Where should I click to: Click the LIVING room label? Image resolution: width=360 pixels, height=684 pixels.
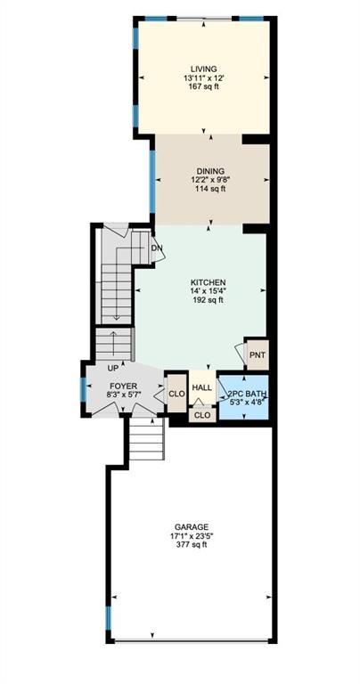coord(203,69)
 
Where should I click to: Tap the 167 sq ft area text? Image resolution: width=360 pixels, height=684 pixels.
coord(203,86)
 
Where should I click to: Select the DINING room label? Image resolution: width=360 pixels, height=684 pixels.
coord(210,171)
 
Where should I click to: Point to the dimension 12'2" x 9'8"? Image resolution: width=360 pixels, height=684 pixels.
coord(210,180)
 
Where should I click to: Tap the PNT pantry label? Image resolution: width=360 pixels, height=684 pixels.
coord(257,354)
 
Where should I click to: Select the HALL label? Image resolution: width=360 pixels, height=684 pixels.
coord(202,387)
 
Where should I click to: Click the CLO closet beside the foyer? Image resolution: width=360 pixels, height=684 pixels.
coord(176,394)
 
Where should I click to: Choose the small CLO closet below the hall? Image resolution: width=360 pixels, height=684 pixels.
coord(202,414)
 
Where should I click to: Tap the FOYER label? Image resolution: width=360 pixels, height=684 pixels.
coord(124,386)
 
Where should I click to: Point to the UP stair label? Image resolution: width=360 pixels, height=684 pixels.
coord(113,368)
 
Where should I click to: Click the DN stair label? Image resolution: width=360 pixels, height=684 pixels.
coord(157,248)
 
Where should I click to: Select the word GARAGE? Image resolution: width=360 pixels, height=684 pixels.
coord(192,526)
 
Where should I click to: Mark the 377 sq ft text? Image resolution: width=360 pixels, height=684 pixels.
coord(192,544)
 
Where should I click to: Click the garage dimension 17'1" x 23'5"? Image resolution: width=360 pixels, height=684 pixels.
coord(192,535)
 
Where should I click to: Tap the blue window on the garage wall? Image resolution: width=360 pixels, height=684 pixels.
coord(109,618)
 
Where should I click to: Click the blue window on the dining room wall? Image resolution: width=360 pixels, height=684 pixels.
coord(152,182)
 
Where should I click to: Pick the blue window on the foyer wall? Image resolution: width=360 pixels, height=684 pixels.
coord(83,389)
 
